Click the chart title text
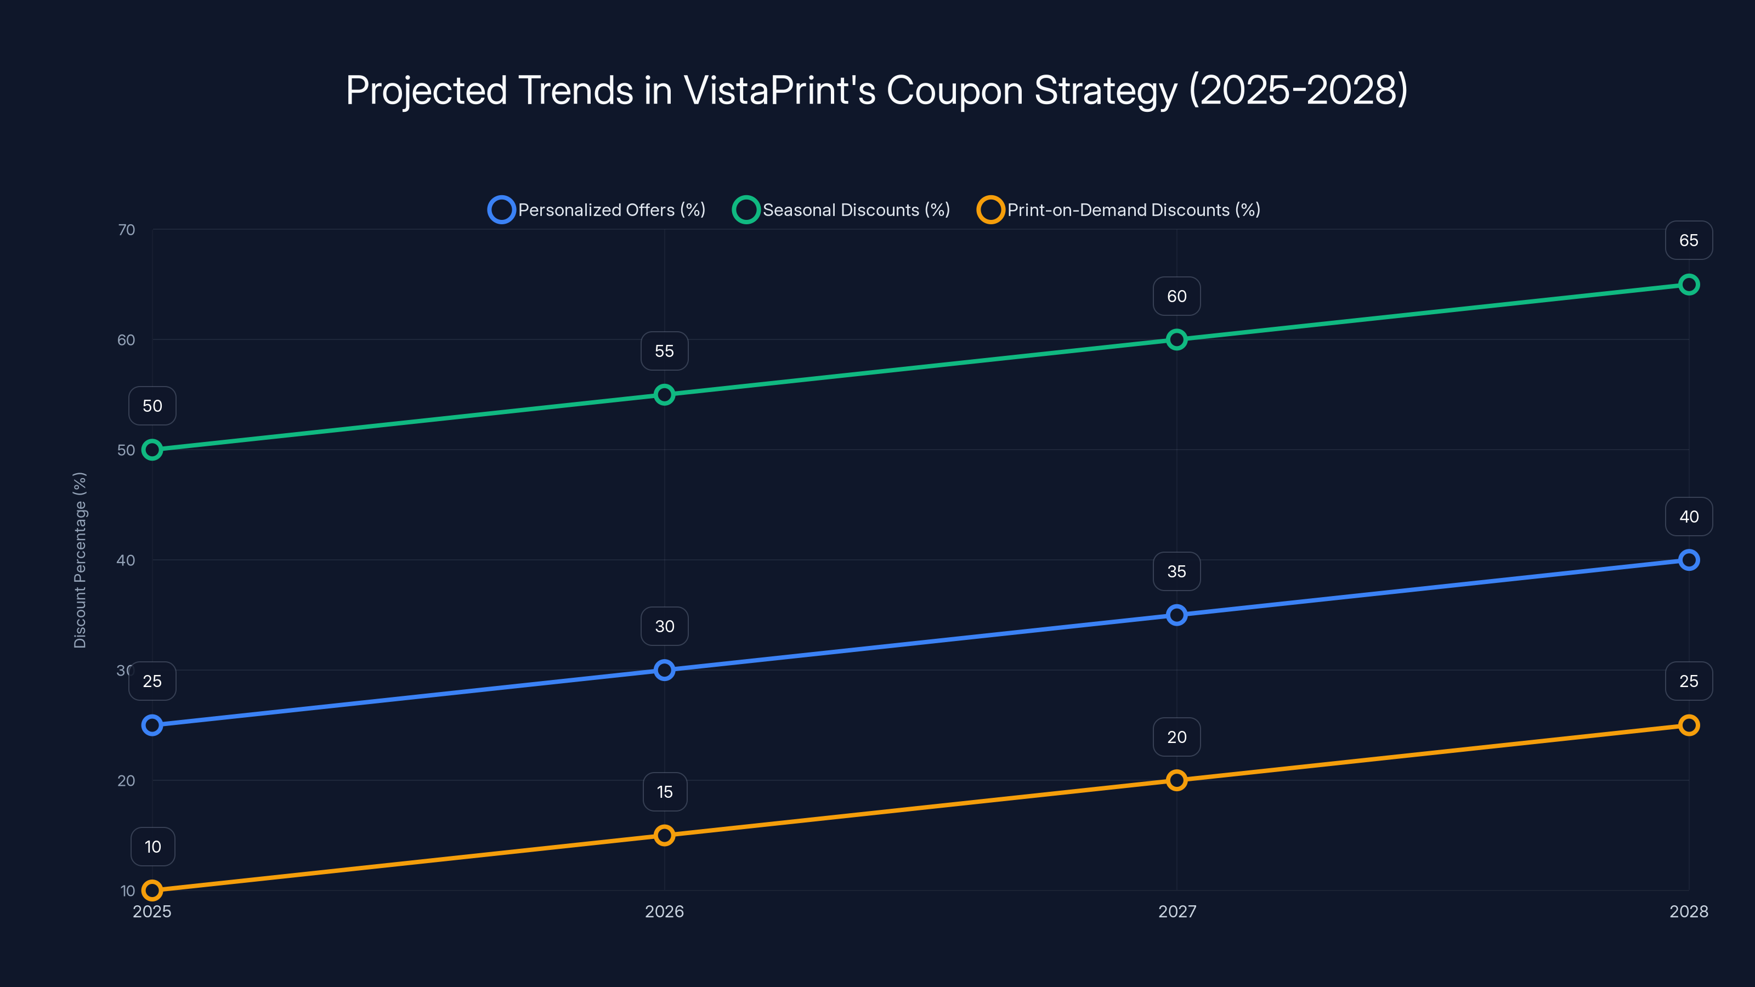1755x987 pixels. (x=877, y=90)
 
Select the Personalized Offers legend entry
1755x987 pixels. (x=597, y=210)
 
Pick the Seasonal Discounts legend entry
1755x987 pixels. (x=841, y=210)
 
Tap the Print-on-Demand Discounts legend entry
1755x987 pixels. (x=1119, y=210)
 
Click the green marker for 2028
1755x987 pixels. (x=1688, y=285)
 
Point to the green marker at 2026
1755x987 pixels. (x=664, y=394)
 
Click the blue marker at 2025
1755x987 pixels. (x=152, y=725)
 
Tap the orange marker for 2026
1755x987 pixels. (x=664, y=835)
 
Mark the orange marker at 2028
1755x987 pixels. (x=1688, y=725)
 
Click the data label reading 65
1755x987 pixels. (x=1688, y=241)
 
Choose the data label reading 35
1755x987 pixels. (x=1176, y=571)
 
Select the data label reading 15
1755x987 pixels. (x=664, y=791)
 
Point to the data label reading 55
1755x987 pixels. (x=664, y=351)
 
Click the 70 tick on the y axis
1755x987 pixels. (x=126, y=230)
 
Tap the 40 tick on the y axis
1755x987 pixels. (x=126, y=560)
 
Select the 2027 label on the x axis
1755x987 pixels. (x=1176, y=911)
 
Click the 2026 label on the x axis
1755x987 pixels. (x=664, y=911)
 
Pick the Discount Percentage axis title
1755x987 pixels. (x=80, y=560)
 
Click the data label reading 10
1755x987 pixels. (x=152, y=847)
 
